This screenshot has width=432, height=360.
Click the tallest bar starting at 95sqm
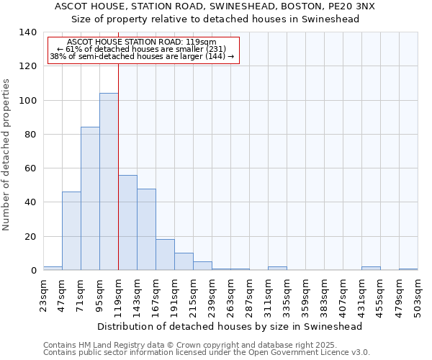[x=109, y=181]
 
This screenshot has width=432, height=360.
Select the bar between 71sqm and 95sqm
[x=90, y=199]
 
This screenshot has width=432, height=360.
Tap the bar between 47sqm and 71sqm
[x=71, y=230]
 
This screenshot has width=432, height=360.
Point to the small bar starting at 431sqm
[x=371, y=269]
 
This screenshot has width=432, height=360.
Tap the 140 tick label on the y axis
[x=27, y=32]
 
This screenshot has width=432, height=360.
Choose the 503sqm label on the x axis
[x=418, y=295]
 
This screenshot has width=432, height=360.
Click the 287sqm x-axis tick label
[x=250, y=295]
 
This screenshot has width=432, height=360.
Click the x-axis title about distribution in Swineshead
[x=230, y=326]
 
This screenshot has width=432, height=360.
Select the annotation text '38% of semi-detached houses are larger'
[x=142, y=56]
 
